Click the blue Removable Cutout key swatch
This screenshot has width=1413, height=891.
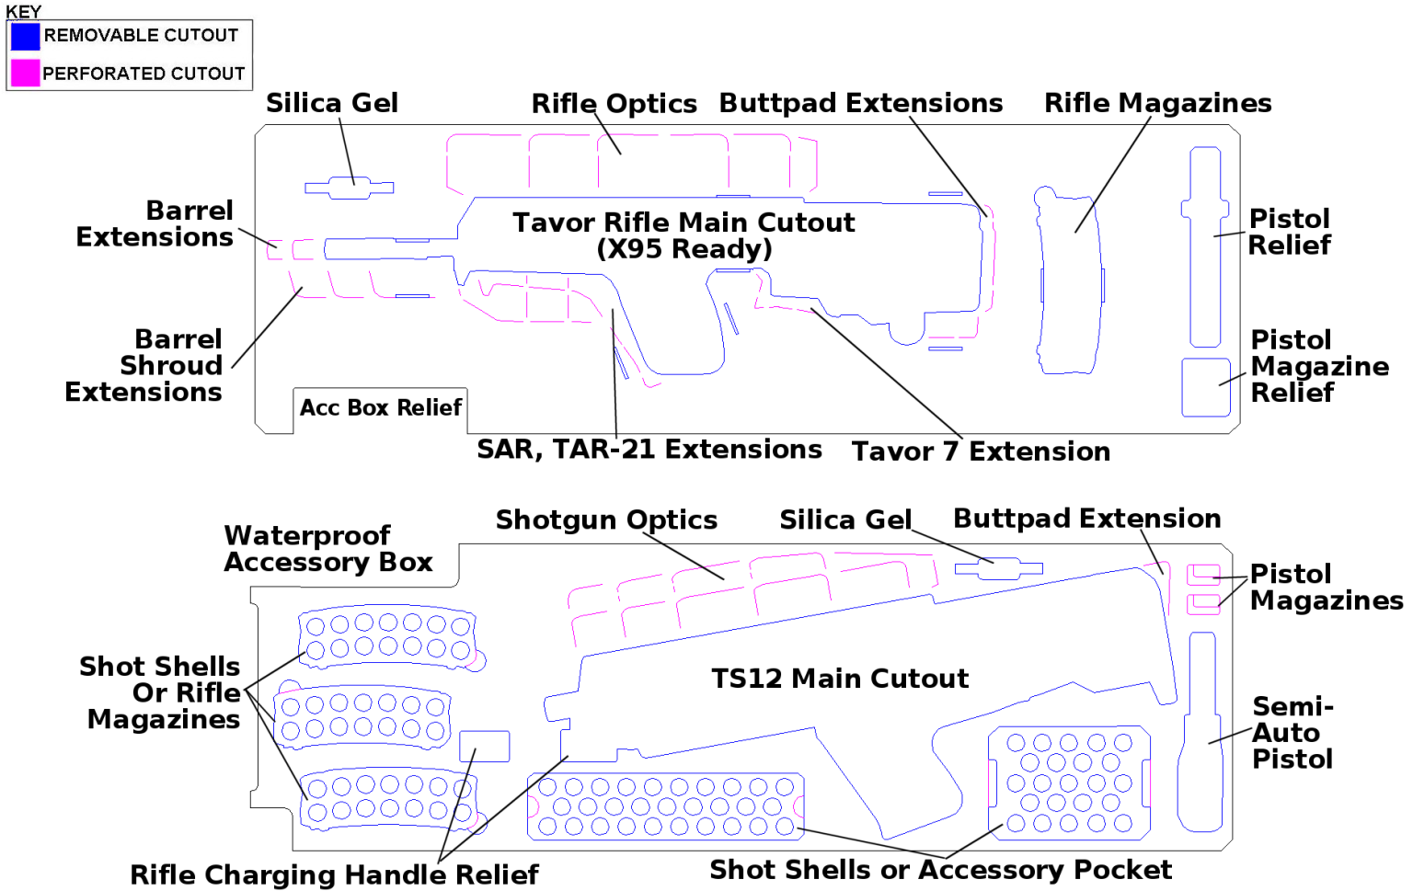pos(25,36)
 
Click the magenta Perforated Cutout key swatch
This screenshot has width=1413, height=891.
pos(25,73)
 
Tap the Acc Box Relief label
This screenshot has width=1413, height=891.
pos(380,407)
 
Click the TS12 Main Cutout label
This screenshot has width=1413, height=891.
pos(839,679)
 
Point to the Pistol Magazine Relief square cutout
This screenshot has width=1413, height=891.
pos(1205,387)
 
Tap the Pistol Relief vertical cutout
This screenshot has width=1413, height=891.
pos(1205,246)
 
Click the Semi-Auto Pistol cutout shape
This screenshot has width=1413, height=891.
pos(1201,736)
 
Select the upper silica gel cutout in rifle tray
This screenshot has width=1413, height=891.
pos(350,188)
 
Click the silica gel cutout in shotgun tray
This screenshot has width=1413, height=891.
pos(998,568)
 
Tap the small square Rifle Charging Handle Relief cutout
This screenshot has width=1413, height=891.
pos(484,746)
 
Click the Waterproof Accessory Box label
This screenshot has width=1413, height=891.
pos(327,549)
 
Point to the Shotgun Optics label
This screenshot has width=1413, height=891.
pos(606,520)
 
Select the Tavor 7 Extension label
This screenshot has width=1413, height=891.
pos(980,451)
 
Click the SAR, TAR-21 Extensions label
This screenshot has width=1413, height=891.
pos(649,449)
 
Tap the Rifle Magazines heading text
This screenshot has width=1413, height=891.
pos(1157,103)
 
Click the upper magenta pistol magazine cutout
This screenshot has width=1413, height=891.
pos(1203,575)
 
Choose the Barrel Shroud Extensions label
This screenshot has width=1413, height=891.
pos(144,365)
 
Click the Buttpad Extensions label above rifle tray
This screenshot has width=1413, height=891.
pos(860,103)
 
